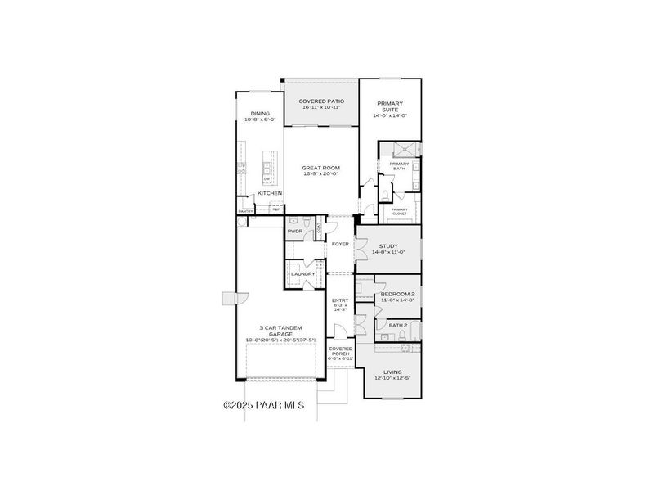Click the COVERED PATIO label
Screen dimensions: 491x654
(x=320, y=101)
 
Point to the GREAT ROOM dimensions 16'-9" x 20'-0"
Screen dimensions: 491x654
(x=320, y=173)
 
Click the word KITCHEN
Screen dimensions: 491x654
(x=270, y=193)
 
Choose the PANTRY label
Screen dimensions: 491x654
(x=245, y=211)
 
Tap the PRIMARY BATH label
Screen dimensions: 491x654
(x=399, y=166)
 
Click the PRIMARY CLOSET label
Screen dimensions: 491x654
(x=399, y=211)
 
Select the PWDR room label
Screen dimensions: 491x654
(x=294, y=232)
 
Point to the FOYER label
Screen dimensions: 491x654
(x=340, y=244)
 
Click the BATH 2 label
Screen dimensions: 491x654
(x=398, y=325)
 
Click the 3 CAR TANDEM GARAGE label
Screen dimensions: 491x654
(x=280, y=331)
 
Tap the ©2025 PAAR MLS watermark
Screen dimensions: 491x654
(x=263, y=405)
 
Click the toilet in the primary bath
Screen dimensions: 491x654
(x=384, y=193)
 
